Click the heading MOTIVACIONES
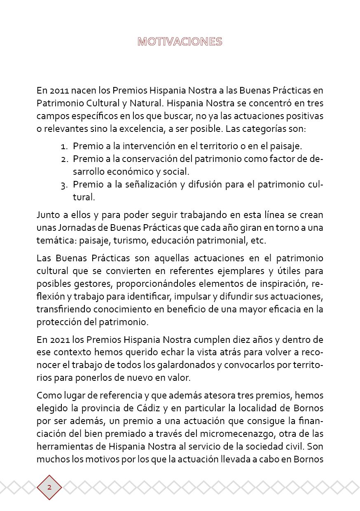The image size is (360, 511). [x=180, y=42]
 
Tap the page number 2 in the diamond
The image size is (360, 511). [x=49, y=487]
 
